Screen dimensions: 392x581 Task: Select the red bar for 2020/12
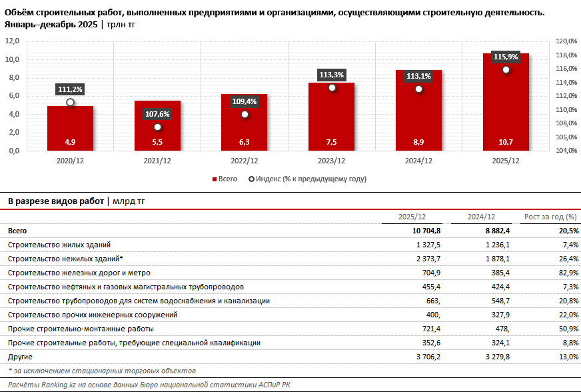coord(70,127)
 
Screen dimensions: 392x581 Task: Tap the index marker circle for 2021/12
coord(157,127)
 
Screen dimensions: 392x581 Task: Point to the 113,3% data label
coord(331,75)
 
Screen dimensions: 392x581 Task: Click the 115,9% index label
coord(506,57)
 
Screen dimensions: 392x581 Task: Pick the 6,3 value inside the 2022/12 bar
coord(245,142)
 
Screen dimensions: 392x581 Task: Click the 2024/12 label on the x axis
coord(418,161)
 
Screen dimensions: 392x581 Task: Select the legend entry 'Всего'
coord(225,179)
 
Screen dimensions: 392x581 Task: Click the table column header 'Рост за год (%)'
coord(550,217)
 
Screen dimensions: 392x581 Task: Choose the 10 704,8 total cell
coord(422,231)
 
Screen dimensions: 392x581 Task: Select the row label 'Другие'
coord(19,357)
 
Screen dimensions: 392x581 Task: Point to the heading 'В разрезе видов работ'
coord(55,200)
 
